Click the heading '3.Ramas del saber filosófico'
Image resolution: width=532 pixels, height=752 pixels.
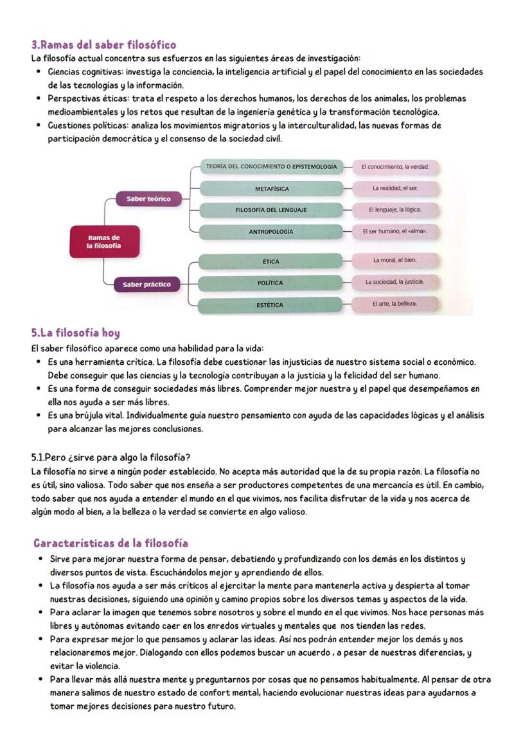pos(103,45)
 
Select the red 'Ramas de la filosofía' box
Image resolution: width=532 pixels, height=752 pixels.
pos(104,242)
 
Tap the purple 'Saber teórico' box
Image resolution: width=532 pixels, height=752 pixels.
pos(148,199)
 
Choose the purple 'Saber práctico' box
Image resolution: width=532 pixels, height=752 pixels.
pos(147,284)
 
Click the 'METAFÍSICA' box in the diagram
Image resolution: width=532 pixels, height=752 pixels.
pos(271,189)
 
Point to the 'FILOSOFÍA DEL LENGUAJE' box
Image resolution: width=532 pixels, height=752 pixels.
pos(271,210)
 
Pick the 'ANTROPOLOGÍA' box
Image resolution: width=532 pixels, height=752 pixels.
pos(271,231)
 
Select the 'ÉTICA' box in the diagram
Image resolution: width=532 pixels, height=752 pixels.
pos(271,261)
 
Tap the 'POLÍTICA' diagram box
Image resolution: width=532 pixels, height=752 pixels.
pos(271,283)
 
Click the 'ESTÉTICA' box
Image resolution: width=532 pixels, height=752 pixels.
pos(271,304)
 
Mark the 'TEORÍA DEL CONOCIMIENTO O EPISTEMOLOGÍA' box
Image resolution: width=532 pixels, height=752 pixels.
pos(271,167)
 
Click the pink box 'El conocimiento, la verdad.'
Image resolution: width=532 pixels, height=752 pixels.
pos(395,167)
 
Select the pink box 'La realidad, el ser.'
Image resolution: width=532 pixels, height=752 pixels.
pos(395,189)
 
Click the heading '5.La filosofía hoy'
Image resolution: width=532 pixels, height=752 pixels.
pos(76,333)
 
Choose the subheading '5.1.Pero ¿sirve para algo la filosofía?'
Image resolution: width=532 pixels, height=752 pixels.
pos(111,458)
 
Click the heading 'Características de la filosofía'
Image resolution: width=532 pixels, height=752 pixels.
pos(111,543)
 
